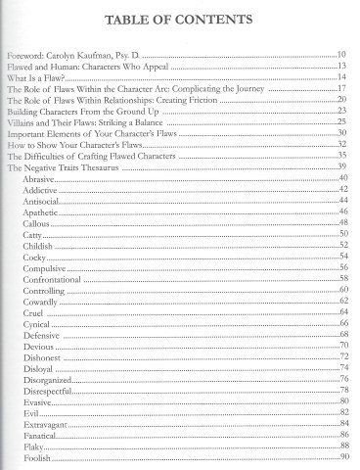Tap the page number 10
coord(342,56)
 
